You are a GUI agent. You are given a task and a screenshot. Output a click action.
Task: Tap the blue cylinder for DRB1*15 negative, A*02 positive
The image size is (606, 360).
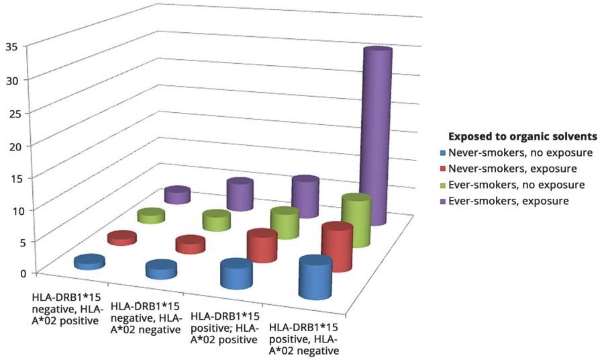click(89, 263)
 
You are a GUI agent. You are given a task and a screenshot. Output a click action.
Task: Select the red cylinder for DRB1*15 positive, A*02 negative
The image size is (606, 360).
click(337, 248)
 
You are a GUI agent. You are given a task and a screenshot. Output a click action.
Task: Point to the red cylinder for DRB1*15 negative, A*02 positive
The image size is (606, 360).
click(121, 237)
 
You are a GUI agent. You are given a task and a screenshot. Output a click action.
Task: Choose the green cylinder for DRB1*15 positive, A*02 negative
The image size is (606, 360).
click(356, 220)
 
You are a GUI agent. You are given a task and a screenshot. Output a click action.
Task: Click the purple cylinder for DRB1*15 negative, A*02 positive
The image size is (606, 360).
click(177, 195)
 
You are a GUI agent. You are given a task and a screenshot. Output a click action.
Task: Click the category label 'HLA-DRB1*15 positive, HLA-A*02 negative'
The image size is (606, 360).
click(304, 338)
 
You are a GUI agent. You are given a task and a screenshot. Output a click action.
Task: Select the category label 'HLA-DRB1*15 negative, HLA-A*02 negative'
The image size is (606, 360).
click(145, 317)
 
